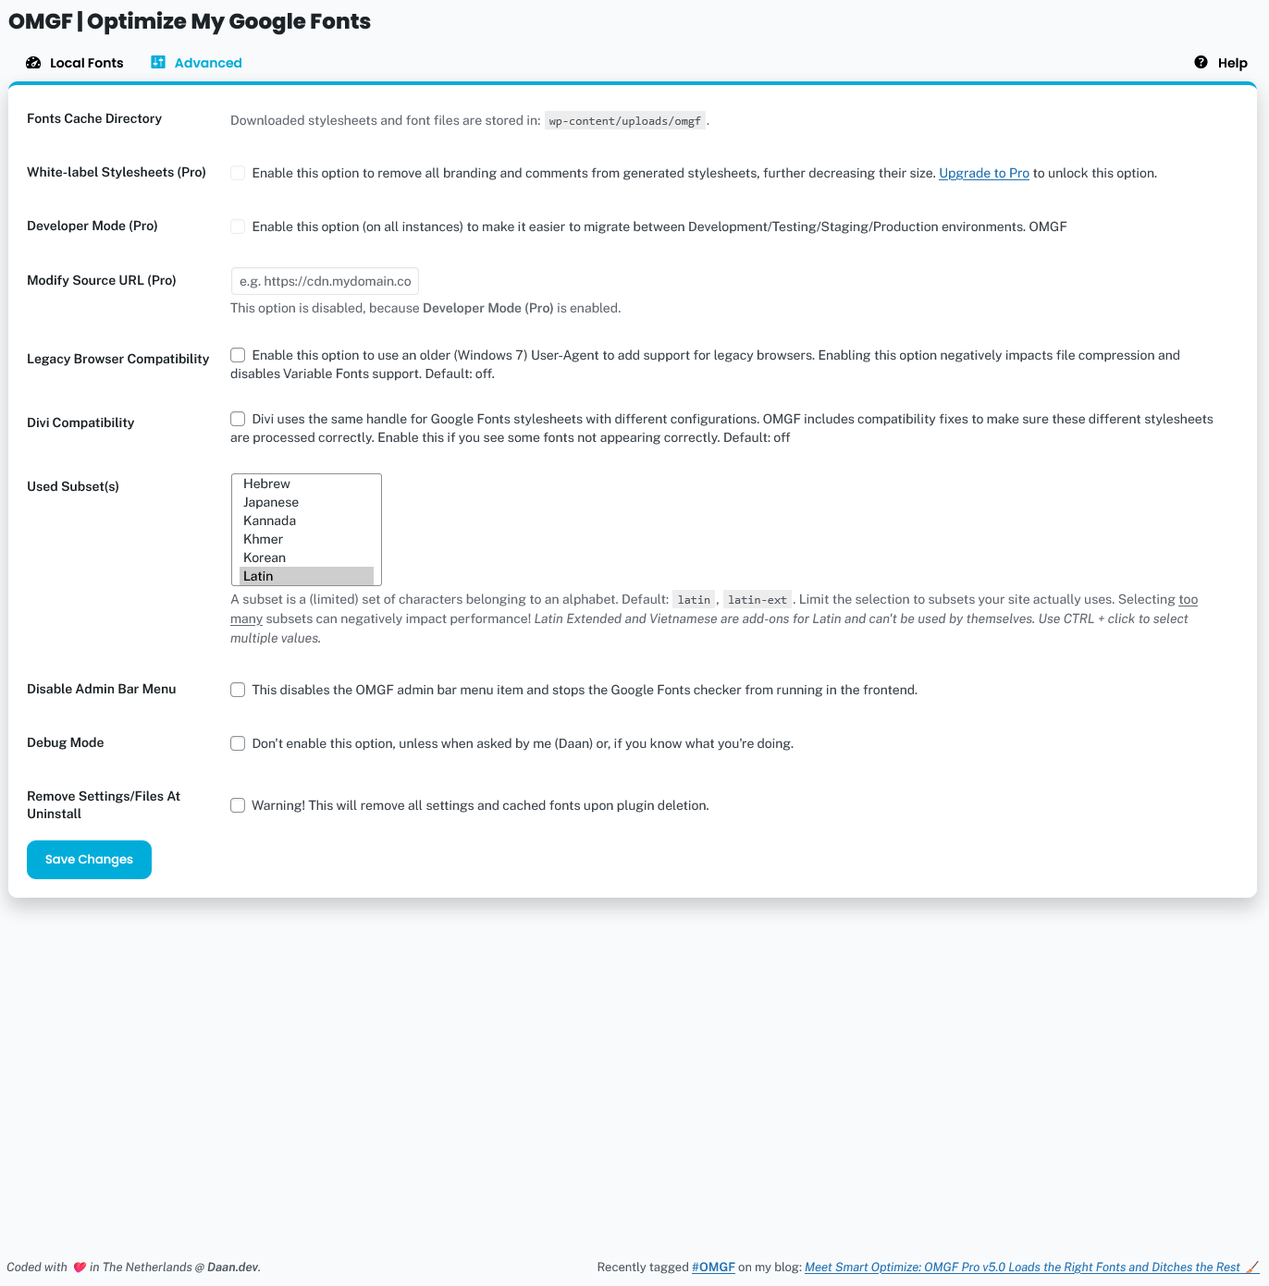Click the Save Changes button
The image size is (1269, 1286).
[x=89, y=860]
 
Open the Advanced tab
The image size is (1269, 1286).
[x=197, y=63]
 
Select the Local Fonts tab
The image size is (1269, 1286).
[x=75, y=63]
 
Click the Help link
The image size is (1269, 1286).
[x=1221, y=63]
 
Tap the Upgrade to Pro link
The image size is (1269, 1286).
[x=983, y=173]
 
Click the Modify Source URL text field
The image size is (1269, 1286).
[x=325, y=281]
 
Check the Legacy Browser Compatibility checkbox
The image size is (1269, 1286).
[x=238, y=355]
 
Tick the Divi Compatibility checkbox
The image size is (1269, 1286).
[x=238, y=419]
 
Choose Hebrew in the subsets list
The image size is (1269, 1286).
[x=267, y=484]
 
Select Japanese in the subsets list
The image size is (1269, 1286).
[x=271, y=502]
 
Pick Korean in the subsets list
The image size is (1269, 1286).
[x=265, y=557]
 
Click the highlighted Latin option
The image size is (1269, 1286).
[x=259, y=576]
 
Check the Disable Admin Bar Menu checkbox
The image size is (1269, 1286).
[x=238, y=690]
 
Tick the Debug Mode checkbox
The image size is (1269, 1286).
[x=238, y=743]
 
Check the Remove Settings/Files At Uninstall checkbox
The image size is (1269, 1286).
[x=238, y=805]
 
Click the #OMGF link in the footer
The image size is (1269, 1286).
[x=713, y=1268]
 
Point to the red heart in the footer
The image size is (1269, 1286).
[x=80, y=1268]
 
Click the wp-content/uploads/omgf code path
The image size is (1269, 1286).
[x=625, y=121]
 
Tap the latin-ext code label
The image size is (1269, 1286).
[x=758, y=600]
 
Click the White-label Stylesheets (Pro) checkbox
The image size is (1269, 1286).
[x=238, y=173]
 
